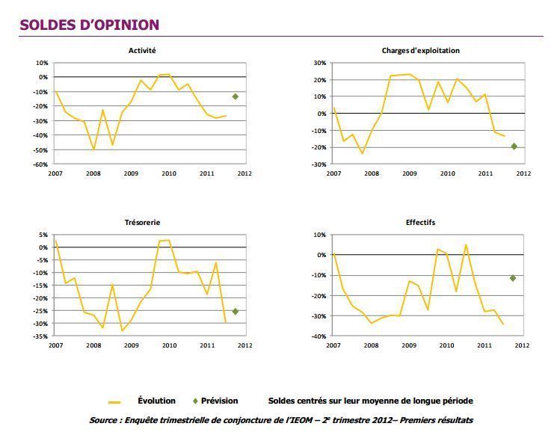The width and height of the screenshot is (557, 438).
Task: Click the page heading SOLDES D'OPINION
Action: point(89,25)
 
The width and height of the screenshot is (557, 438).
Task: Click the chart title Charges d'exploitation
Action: point(420,51)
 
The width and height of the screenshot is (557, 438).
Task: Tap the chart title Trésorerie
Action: point(142,222)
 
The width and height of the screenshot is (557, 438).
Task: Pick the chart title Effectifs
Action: point(420,222)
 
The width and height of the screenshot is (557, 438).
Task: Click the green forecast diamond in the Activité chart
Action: point(235,96)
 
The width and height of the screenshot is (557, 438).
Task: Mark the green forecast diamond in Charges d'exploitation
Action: point(514,146)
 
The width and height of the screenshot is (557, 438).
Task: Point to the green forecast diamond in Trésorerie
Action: point(235,312)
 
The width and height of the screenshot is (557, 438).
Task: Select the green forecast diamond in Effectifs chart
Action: point(513,278)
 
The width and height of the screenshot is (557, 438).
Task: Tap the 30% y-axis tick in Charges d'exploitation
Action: point(319,64)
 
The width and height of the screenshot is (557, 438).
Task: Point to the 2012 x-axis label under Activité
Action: point(244,173)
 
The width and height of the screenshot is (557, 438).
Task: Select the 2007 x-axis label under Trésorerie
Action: point(56,345)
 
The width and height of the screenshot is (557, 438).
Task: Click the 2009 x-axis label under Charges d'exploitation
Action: point(410,173)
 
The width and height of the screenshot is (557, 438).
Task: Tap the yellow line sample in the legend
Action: point(114,402)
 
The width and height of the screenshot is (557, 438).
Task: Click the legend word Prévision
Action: point(219,401)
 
